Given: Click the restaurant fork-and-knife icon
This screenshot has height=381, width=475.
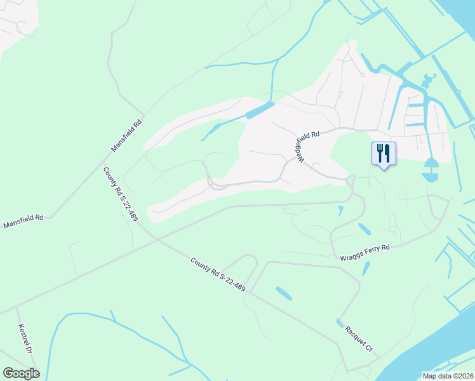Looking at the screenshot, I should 384,153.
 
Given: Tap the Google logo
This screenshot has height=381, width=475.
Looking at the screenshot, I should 21,373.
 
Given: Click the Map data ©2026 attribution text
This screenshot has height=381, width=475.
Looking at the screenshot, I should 448,376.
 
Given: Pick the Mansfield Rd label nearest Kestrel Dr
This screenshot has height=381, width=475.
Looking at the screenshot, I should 23,221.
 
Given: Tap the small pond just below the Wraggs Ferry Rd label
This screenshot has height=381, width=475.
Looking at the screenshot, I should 366,269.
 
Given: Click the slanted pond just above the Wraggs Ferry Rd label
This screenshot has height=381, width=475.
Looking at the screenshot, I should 365,229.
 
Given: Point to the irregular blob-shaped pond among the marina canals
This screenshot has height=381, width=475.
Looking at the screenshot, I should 426,81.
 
